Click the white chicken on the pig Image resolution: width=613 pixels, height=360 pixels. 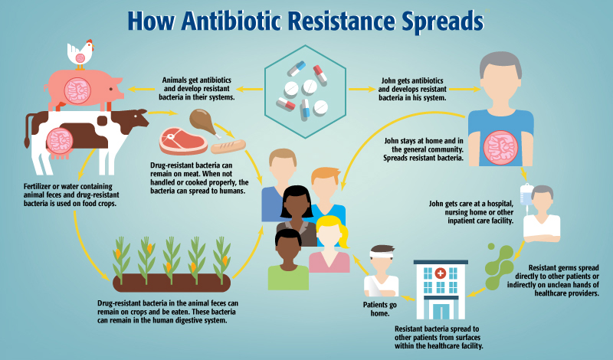[80, 53]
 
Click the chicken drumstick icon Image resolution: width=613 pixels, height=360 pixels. [201, 122]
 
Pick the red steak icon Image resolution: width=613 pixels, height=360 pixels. [182, 142]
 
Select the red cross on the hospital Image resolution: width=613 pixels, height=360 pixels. [440, 274]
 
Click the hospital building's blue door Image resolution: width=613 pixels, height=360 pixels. [440, 311]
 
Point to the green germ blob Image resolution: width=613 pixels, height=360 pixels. [499, 260]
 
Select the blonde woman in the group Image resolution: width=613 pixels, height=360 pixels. [329, 245]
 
